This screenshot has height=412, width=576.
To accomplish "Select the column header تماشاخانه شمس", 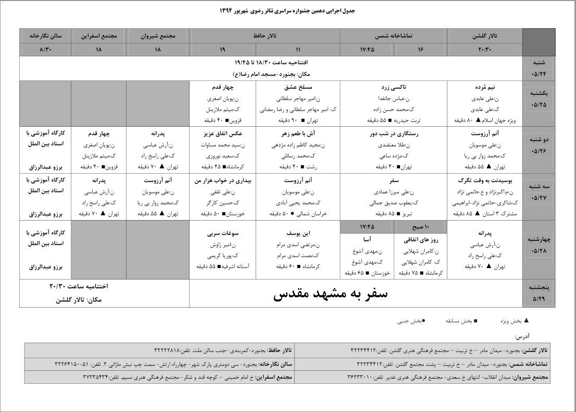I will pyautogui.click(x=394, y=36).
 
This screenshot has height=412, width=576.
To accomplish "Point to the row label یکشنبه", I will pyautogui.click(x=539, y=92).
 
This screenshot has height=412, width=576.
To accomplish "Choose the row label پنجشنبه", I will pyautogui.click(x=539, y=287).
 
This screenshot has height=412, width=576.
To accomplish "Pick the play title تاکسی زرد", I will pyautogui.click(x=394, y=87).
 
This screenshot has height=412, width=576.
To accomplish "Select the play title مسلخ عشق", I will pyautogui.click(x=298, y=87).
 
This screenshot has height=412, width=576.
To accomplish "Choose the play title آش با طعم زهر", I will pyautogui.click(x=298, y=134).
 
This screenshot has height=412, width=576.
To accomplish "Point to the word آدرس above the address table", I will pyautogui.click(x=523, y=337).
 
